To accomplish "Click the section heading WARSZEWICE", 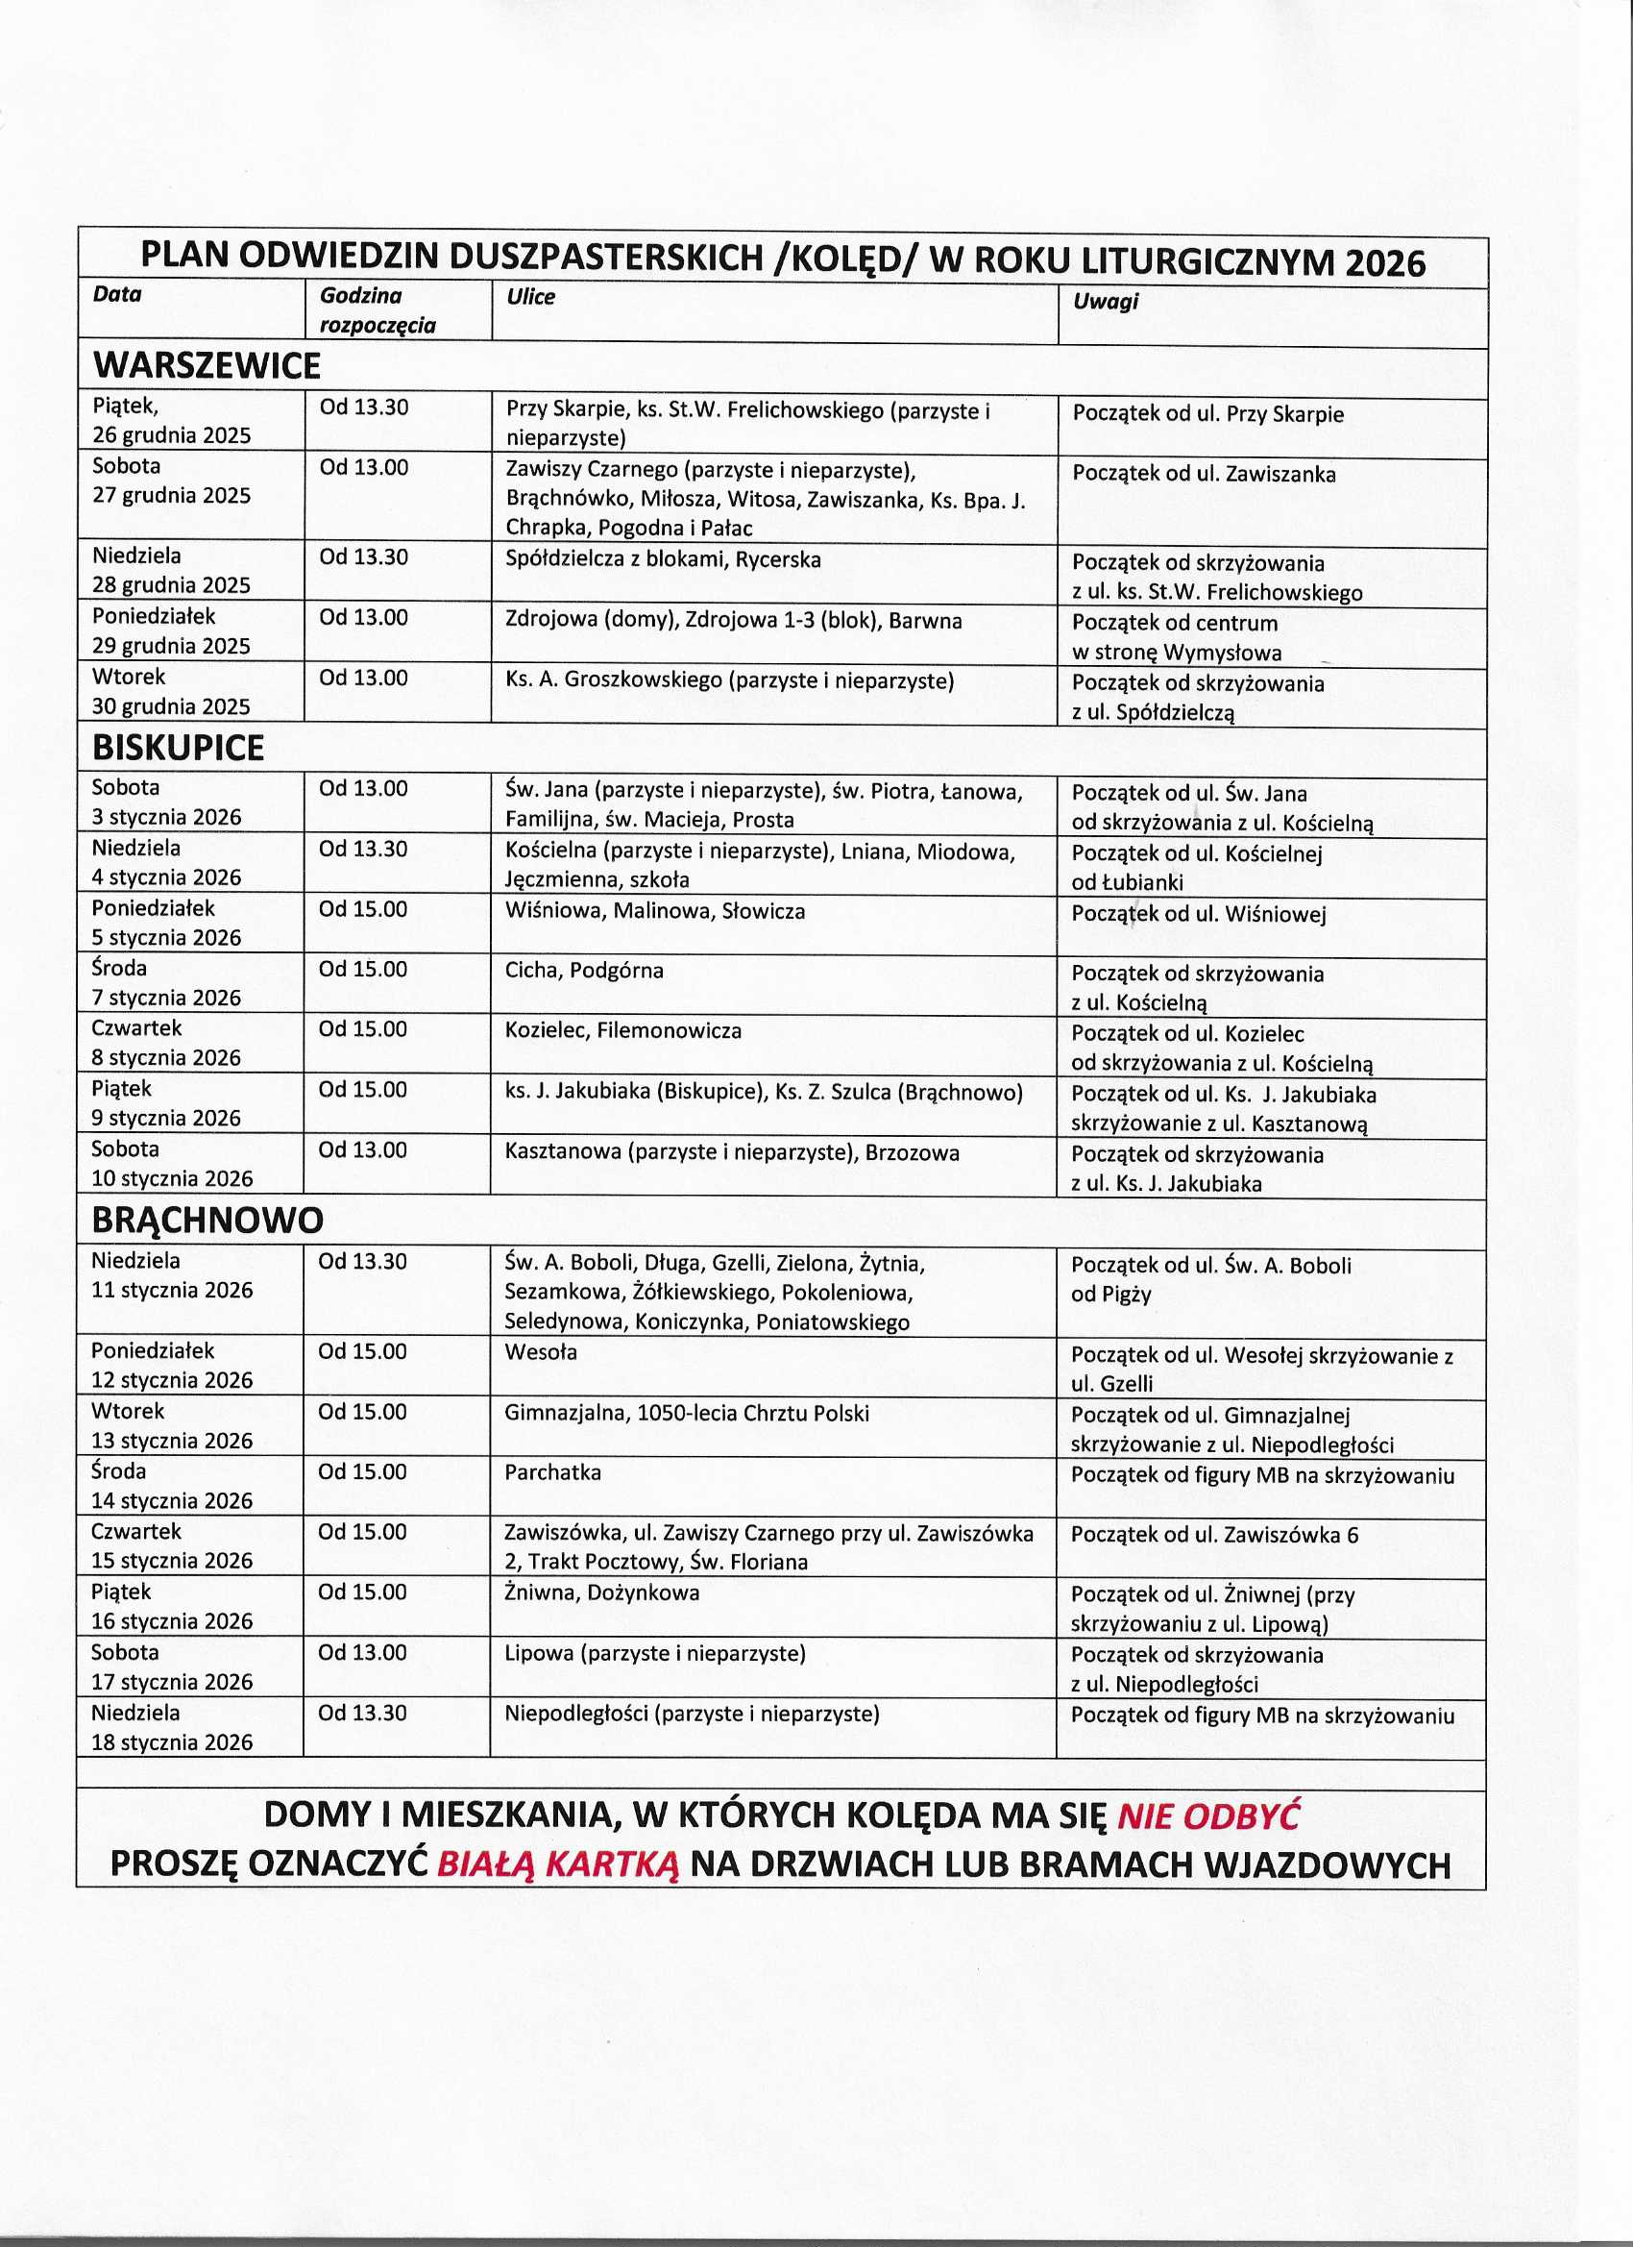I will (206, 365).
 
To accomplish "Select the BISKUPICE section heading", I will (179, 748).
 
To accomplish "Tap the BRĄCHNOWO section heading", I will (207, 1221).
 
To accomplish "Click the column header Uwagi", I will (1106, 301).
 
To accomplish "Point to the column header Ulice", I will (531, 297).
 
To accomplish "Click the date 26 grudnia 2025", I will (171, 436).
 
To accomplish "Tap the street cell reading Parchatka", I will (552, 1472).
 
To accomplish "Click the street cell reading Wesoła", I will (541, 1352).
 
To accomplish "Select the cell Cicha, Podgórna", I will (584, 970).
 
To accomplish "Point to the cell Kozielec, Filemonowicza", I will (622, 1030).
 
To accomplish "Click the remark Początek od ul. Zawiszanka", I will (1204, 474).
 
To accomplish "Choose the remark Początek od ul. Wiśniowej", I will (1198, 913).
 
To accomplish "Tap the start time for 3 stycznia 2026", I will (362, 789).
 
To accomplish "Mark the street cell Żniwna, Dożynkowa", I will (602, 1593).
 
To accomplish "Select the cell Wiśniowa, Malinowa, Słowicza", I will (654, 910).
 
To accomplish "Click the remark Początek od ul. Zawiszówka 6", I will (1214, 1535).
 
